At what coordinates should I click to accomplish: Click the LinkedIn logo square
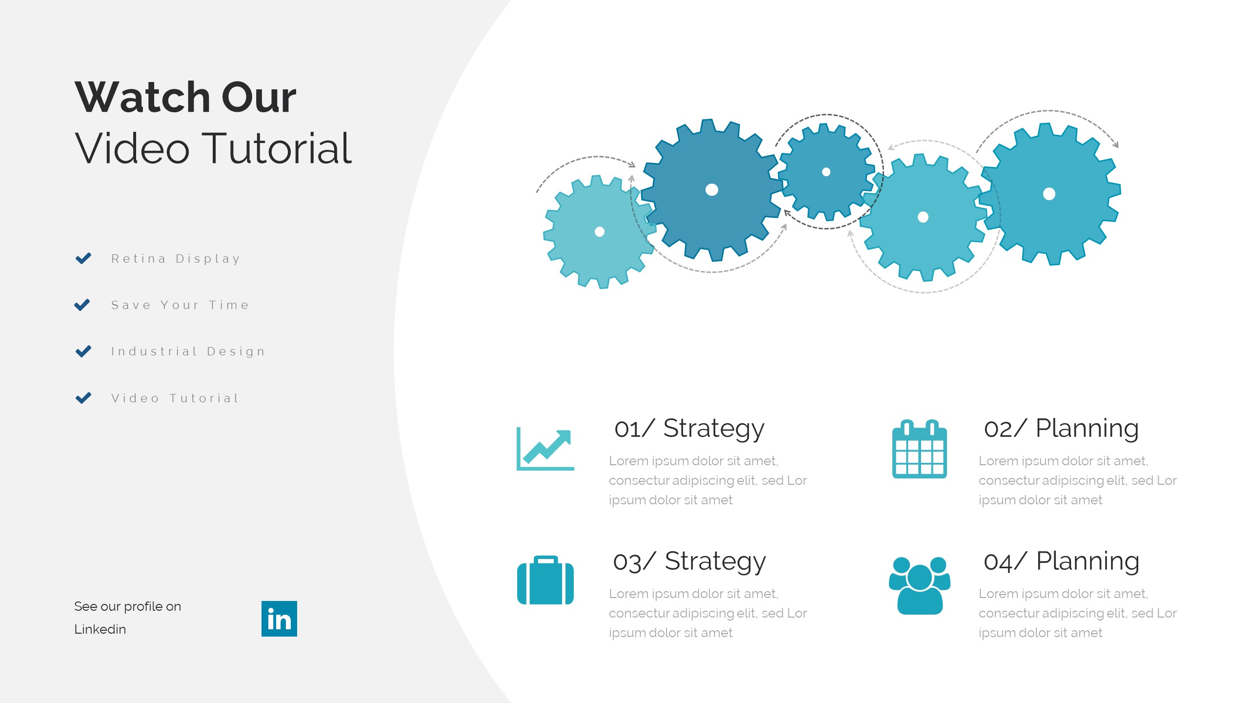[x=279, y=619]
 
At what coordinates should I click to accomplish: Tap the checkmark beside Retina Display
[x=83, y=258]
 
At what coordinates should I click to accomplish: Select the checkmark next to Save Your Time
[x=82, y=305]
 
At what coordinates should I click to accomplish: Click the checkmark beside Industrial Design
[x=83, y=351]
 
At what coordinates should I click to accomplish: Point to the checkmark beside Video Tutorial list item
[x=83, y=398]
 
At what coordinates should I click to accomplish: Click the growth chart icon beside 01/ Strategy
[x=545, y=449]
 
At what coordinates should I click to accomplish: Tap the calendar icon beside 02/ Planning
[x=920, y=449]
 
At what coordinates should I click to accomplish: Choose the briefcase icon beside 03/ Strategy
[x=545, y=580]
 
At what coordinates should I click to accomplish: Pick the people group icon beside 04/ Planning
[x=920, y=585]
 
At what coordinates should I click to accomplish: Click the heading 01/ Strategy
[x=689, y=429]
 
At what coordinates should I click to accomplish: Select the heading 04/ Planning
[x=1062, y=561]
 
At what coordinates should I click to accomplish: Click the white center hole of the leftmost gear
[x=600, y=232]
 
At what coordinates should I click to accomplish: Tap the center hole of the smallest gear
[x=826, y=172]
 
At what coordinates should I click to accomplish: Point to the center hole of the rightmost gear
[x=1049, y=194]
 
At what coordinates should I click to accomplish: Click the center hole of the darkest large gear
[x=712, y=190]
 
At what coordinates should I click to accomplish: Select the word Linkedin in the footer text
[x=100, y=629]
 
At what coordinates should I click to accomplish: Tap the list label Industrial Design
[x=188, y=351]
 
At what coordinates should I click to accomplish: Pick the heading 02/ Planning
[x=1062, y=429]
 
